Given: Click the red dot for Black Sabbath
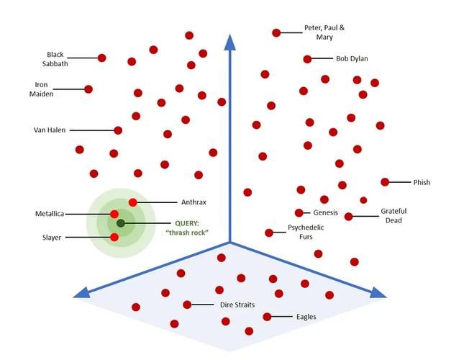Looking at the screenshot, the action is (102, 58).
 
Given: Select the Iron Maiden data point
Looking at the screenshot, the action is (88, 89).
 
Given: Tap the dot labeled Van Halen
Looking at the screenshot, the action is (118, 130).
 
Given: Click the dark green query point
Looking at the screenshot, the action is (120, 223).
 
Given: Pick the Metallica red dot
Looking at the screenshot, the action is (114, 214).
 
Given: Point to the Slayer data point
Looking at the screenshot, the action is (114, 237).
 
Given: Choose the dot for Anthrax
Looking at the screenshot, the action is (133, 202).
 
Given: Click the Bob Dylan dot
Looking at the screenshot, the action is (307, 59).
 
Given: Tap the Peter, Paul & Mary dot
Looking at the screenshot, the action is (276, 33).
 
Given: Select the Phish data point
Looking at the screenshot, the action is (385, 182).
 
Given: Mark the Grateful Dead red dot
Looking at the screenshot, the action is (349, 217).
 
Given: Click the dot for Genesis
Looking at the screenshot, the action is (299, 212).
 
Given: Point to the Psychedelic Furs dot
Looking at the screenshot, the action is (269, 233).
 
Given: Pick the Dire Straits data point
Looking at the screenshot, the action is (187, 305).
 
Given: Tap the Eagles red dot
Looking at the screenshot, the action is (267, 317).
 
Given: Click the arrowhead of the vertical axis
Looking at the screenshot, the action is (230, 42).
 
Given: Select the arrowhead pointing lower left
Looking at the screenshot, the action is (82, 292).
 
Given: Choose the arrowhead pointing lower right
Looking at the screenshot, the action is (378, 292).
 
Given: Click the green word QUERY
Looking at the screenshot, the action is (187, 223).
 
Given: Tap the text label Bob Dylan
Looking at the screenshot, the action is (352, 58).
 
